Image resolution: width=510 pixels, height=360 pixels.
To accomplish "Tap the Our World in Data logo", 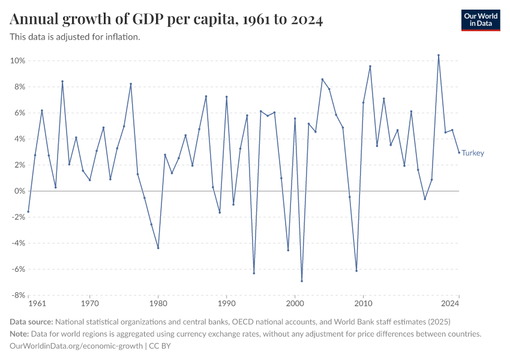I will [x=480, y=20].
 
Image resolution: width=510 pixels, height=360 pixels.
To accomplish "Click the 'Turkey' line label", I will [x=473, y=153].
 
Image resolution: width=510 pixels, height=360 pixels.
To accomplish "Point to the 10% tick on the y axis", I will [x=17, y=61].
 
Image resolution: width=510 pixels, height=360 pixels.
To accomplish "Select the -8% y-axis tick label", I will [x=17, y=295].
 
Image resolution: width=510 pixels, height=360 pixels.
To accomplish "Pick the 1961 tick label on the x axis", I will [x=37, y=304].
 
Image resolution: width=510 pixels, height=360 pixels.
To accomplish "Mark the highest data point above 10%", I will [x=439, y=55].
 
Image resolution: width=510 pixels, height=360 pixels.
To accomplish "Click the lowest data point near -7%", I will [x=302, y=281].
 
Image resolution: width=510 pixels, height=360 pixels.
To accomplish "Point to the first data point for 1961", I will [x=28, y=212].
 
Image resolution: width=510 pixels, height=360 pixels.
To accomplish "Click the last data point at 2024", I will [x=459, y=152].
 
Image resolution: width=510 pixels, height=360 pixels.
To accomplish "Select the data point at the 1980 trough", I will [x=158, y=248].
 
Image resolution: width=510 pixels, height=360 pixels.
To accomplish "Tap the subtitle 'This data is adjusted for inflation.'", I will [x=75, y=37].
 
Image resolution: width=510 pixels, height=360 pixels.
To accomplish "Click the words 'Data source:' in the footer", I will [x=32, y=322].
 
